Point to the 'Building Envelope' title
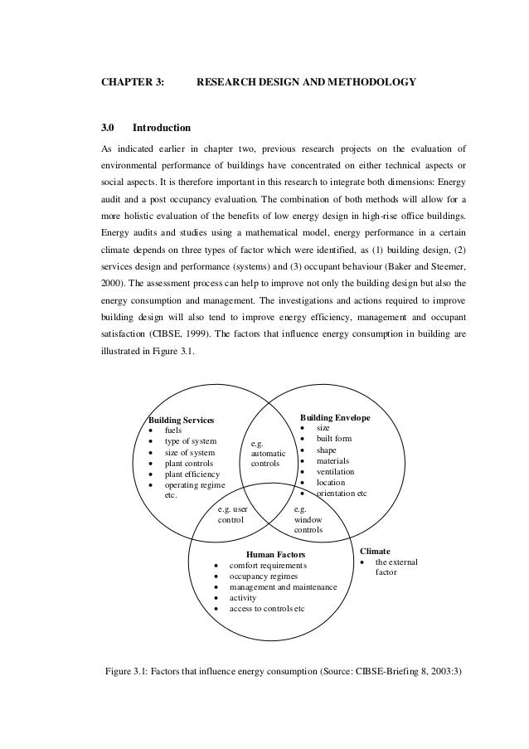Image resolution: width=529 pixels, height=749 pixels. pyautogui.click(x=335, y=417)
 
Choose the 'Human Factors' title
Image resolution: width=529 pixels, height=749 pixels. pyautogui.click(x=276, y=553)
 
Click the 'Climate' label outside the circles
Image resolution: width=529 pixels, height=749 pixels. pyautogui.click(x=375, y=550)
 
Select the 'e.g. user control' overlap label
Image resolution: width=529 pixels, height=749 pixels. pyautogui.click(x=232, y=515)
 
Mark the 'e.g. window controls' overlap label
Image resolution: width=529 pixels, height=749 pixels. pyautogui.click(x=308, y=518)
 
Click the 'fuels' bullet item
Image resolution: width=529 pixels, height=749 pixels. pyautogui.click(x=173, y=430)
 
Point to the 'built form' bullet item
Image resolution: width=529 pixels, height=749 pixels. pyautogui.click(x=334, y=438)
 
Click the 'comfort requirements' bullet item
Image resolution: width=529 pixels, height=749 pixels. pyautogui.click(x=268, y=565)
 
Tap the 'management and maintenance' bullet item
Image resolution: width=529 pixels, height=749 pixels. pyautogui.click(x=283, y=586)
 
